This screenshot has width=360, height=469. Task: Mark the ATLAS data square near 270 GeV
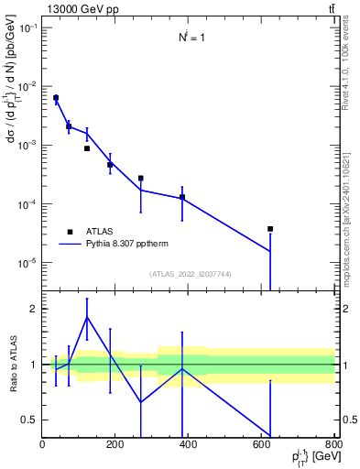tap(141, 179)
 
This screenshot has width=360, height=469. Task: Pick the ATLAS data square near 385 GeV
tap(182, 197)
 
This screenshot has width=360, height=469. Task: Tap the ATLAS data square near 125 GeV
tap(87, 148)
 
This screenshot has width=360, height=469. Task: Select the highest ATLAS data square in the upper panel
tap(56, 98)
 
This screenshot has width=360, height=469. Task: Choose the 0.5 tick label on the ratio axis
tap(30, 420)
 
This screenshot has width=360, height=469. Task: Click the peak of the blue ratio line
tap(87, 317)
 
